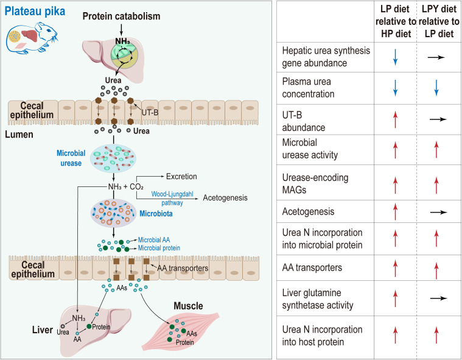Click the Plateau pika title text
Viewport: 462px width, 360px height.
click(x=35, y=12)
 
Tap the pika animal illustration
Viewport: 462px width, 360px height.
click(x=32, y=37)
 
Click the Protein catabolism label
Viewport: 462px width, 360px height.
click(x=121, y=16)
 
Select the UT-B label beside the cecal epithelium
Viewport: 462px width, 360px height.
click(x=150, y=112)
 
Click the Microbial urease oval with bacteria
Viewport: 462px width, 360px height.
click(x=113, y=158)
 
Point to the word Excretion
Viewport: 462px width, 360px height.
click(x=181, y=176)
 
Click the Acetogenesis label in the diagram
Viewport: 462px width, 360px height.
click(x=225, y=197)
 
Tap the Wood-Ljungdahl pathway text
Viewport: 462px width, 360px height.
click(x=172, y=198)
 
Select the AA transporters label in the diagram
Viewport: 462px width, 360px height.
click(x=183, y=268)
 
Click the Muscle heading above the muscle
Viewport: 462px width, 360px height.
click(x=188, y=306)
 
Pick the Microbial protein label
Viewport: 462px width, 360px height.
click(x=159, y=248)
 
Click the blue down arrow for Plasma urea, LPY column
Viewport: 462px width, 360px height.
click(x=436, y=88)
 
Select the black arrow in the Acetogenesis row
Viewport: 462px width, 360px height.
click(x=438, y=212)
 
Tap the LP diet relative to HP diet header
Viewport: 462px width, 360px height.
click(x=396, y=21)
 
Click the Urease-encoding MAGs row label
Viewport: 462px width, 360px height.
click(x=315, y=183)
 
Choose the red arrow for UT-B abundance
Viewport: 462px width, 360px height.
click(x=396, y=119)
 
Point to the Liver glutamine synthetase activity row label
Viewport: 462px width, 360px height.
click(x=318, y=299)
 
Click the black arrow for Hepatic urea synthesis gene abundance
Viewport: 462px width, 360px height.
click(x=436, y=57)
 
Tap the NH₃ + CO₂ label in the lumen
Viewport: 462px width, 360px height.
click(x=126, y=186)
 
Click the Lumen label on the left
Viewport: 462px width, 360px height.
click(x=19, y=135)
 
